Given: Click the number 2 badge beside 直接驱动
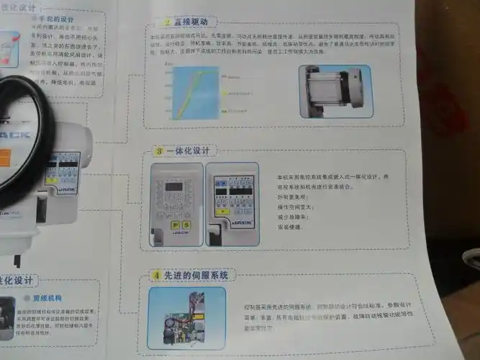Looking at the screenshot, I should click(167, 23).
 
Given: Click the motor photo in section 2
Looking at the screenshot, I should click(336, 91).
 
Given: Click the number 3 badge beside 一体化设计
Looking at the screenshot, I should click(159, 152).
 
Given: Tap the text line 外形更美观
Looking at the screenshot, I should click(291, 197).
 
